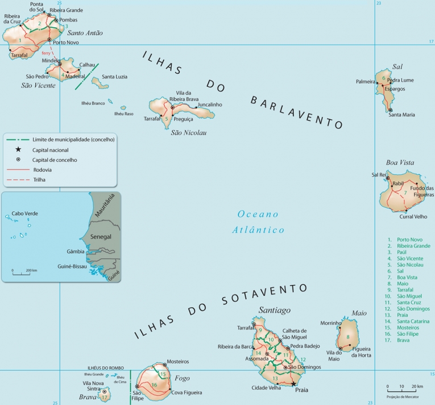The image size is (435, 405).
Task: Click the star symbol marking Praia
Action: tap(294, 384)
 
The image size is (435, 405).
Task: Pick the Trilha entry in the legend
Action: tap(39, 179)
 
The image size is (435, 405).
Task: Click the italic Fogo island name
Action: tap(182, 378)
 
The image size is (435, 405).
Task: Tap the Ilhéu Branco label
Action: tap(93, 103)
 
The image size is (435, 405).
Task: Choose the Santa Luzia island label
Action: tap(114, 77)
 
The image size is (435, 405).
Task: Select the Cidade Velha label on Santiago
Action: tap(266, 389)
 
